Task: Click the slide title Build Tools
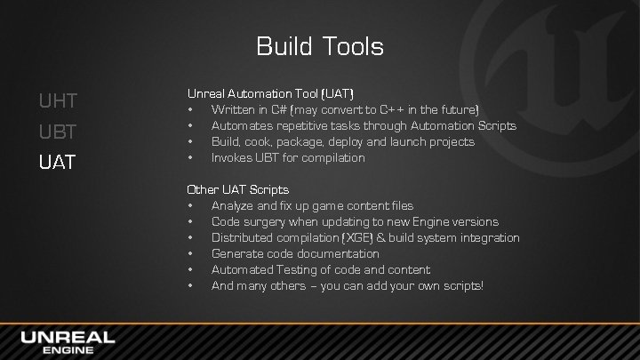[320, 45]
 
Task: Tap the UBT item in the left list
[58, 132]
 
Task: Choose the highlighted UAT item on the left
[58, 164]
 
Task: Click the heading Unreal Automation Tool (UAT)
[270, 92]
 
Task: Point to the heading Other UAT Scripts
[237, 189]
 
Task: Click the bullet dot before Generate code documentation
[191, 253]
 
